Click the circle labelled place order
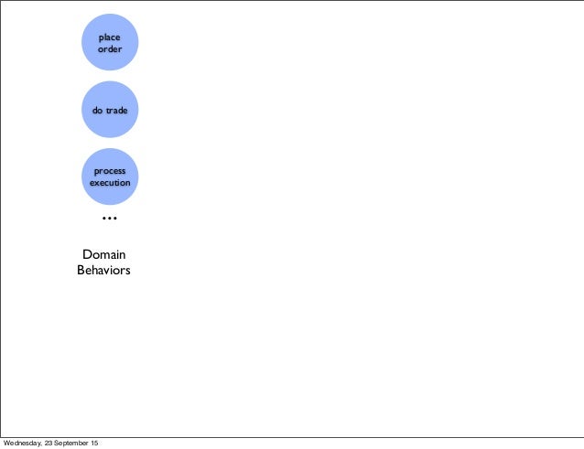110,42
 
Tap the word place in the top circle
110,37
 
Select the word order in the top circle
110,48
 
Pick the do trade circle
110,110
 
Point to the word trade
116,110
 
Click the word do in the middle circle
97,110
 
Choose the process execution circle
110,176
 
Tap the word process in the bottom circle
110,171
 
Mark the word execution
110,183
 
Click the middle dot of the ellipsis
110,219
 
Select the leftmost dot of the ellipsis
103,219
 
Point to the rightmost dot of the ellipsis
115,219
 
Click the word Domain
104,254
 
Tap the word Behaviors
104,271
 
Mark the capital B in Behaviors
81,271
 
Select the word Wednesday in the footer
24,444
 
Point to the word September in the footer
75,444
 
